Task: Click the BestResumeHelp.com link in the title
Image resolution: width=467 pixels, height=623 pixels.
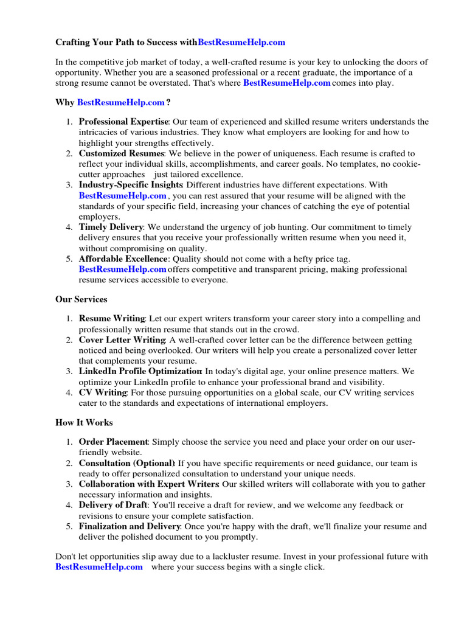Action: pos(241,43)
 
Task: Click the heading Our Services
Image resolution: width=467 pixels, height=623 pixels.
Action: pos(81,299)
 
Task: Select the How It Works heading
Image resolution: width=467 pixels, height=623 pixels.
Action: pos(84,422)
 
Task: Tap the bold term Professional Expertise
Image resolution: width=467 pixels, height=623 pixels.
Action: pos(123,122)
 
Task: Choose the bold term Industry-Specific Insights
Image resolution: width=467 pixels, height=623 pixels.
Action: pos(131,185)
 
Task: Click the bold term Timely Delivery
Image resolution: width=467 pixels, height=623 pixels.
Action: pos(111,227)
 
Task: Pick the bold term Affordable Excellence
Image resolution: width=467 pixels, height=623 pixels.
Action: pos(123,259)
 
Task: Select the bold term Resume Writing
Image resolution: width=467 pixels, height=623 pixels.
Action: pos(112,318)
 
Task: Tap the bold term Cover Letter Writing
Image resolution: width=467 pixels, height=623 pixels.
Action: pos(122,340)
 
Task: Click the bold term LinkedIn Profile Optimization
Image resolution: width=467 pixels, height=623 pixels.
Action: pos(140,371)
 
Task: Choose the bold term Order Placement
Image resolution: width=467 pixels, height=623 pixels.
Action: pos(114,442)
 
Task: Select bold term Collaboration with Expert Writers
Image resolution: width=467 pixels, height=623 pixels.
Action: pos(149,484)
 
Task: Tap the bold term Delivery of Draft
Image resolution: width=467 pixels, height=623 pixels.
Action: pos(113,505)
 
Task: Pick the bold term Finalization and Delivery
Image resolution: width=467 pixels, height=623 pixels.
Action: pos(130,526)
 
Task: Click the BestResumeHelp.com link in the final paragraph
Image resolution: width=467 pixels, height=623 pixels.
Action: pos(99,567)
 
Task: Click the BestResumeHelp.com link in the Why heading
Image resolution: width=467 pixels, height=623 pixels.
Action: pos(121,102)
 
